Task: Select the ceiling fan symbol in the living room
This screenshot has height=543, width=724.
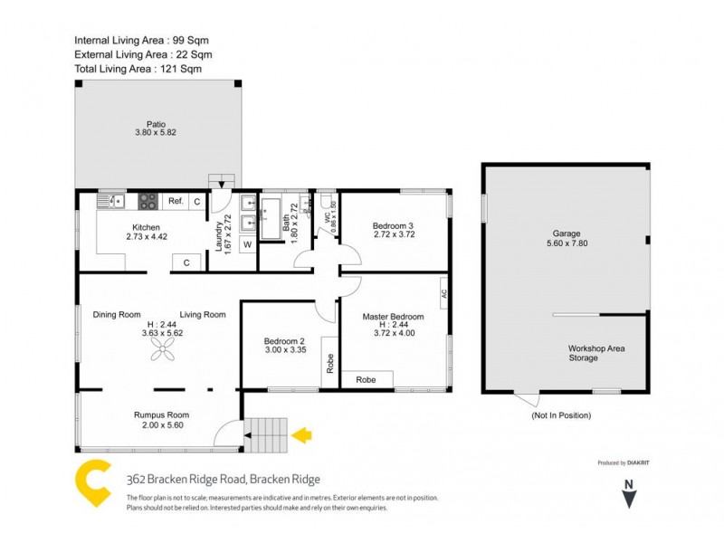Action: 165,357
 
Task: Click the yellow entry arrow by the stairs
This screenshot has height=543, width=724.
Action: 301,436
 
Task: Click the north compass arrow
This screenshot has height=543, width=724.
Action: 631,497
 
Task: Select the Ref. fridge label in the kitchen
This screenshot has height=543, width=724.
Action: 176,201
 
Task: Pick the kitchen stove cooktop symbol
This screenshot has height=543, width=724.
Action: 148,201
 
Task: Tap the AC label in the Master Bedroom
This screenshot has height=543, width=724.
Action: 443,293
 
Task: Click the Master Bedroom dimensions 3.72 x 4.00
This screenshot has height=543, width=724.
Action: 393,331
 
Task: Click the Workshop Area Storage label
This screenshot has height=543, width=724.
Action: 596,353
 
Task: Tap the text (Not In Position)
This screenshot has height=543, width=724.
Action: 561,415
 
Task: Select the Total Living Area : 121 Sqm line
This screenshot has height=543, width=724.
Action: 138,69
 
